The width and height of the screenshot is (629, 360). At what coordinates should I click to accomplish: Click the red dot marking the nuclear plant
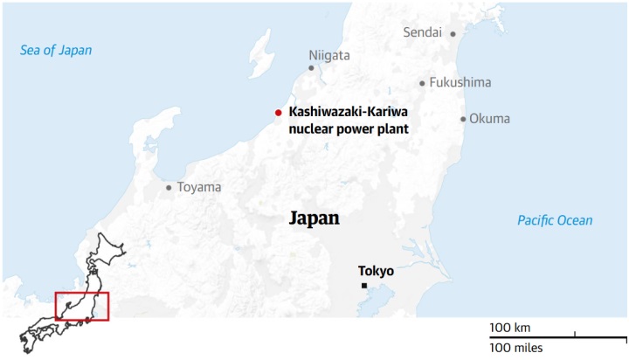pyautogui.click(x=278, y=112)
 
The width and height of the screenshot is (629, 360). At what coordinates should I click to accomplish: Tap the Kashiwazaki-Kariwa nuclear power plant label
pyautogui.click(x=349, y=121)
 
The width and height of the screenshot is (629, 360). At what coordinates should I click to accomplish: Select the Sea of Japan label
pyautogui.click(x=56, y=51)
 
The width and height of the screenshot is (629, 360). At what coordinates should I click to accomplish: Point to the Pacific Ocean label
pyautogui.click(x=554, y=220)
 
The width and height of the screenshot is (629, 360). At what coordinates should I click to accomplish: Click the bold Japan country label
pyautogui.click(x=314, y=218)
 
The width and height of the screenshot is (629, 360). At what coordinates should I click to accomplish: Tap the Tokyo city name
pyautogui.click(x=376, y=271)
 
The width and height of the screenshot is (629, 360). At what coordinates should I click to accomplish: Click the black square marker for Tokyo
pyautogui.click(x=363, y=287)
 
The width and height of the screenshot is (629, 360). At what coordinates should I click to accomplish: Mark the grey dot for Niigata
pyautogui.click(x=311, y=67)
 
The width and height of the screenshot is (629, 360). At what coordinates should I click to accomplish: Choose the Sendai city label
pyautogui.click(x=423, y=32)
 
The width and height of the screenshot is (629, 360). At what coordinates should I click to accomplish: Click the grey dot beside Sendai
pyautogui.click(x=453, y=33)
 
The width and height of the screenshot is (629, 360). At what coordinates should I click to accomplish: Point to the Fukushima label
pyautogui.click(x=460, y=83)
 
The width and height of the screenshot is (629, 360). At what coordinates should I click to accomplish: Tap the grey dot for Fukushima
pyautogui.click(x=422, y=84)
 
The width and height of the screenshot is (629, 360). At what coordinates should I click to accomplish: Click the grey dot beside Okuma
pyautogui.click(x=463, y=119)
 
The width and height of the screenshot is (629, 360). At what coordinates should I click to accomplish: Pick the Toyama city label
pyautogui.click(x=199, y=187)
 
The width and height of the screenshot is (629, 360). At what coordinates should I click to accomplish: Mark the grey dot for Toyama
pyautogui.click(x=169, y=187)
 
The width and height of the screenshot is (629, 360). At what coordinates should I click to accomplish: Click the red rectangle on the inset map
pyautogui.click(x=81, y=307)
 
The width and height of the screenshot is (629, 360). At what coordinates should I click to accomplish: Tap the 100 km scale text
pyautogui.click(x=510, y=328)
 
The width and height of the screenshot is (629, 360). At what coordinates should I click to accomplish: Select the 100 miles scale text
pyautogui.click(x=515, y=348)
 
